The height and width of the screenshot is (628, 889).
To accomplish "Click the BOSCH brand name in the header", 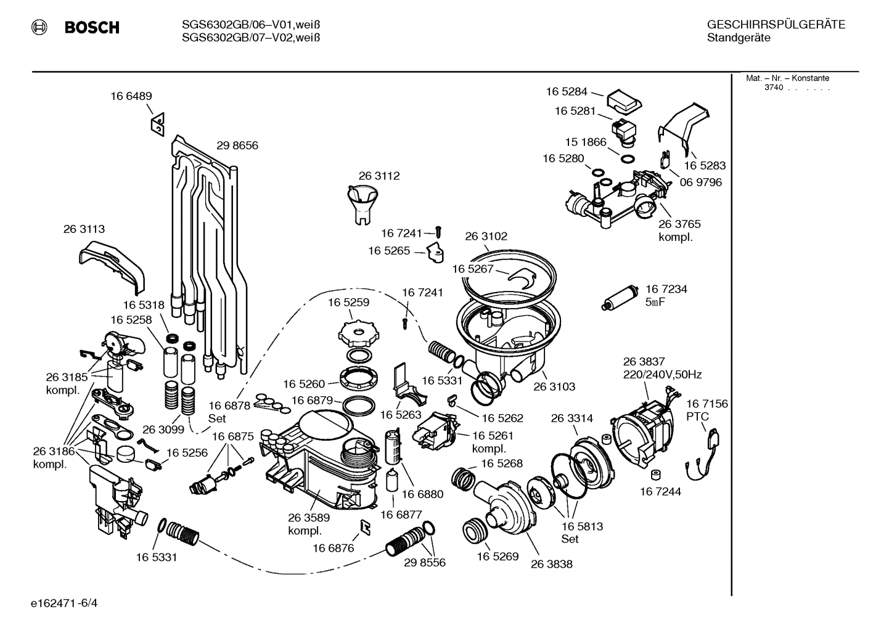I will coord(91,28).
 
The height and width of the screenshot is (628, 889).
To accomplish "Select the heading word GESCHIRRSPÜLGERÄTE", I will coord(776,25).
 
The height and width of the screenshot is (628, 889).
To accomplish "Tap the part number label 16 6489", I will coord(131,96).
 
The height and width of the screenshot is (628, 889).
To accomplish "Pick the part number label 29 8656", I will coord(237,146).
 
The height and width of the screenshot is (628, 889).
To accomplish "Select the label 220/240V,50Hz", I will coord(662,374).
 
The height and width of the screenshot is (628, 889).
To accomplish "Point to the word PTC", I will coord(697,417).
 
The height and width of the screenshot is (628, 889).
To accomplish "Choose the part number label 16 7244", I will coord(660,492).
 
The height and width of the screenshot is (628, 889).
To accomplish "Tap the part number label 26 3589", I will coord(308,518).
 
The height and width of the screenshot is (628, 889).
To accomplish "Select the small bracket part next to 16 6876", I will coord(365,525).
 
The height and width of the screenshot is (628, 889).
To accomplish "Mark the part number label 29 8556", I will coord(424,563).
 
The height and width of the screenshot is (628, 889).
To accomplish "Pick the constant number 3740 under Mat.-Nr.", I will coord(773,88).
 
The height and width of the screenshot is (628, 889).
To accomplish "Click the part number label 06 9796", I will coord(700,182).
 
